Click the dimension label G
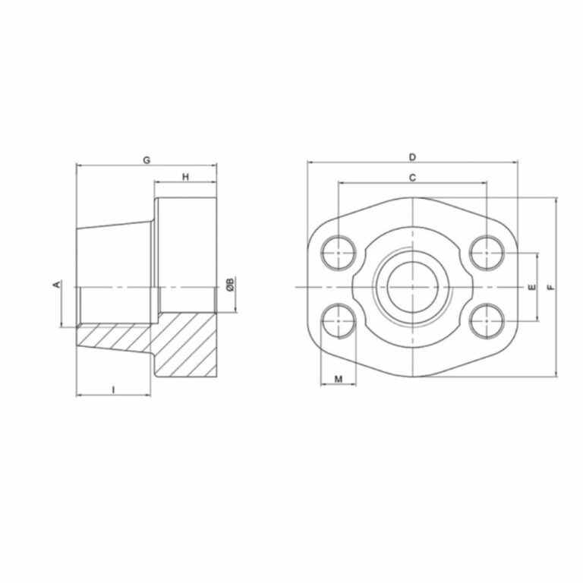(147, 159)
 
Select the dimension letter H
(185, 177)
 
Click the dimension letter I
(113, 389)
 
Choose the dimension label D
(412, 157)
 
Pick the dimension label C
(412, 178)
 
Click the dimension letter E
(532, 287)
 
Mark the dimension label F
(551, 287)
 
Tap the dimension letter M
(339, 378)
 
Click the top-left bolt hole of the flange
(338, 251)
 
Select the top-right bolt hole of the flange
(487, 251)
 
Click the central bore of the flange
(412, 287)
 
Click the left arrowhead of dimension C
(341, 183)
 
